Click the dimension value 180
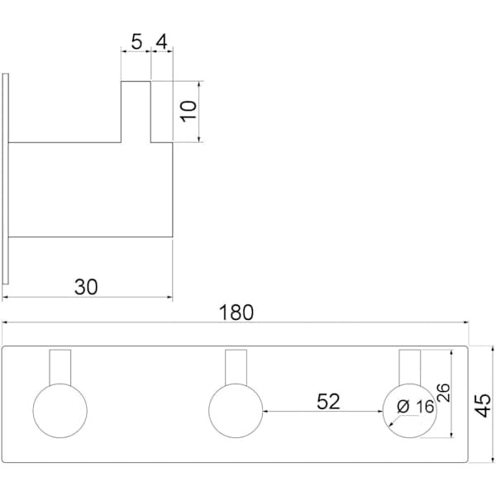point(236,312)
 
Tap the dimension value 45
point(483,406)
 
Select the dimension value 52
point(328,402)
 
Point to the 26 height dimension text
point(443,393)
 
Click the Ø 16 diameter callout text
point(416,407)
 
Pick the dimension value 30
point(86,287)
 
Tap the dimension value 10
point(188,111)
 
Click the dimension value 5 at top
point(136,42)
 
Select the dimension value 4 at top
point(162,42)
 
